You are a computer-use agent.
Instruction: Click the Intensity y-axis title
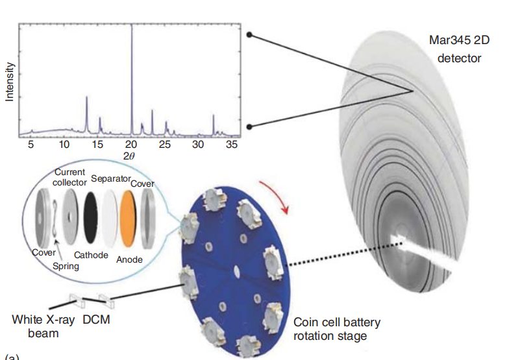pyautogui.click(x=10, y=82)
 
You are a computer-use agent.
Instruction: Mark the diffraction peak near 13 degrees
pyautogui.click(x=87, y=99)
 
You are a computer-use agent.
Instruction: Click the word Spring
pyautogui.click(x=66, y=266)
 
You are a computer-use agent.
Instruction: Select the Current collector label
pyautogui.click(x=69, y=177)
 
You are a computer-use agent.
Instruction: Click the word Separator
pyautogui.click(x=111, y=178)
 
